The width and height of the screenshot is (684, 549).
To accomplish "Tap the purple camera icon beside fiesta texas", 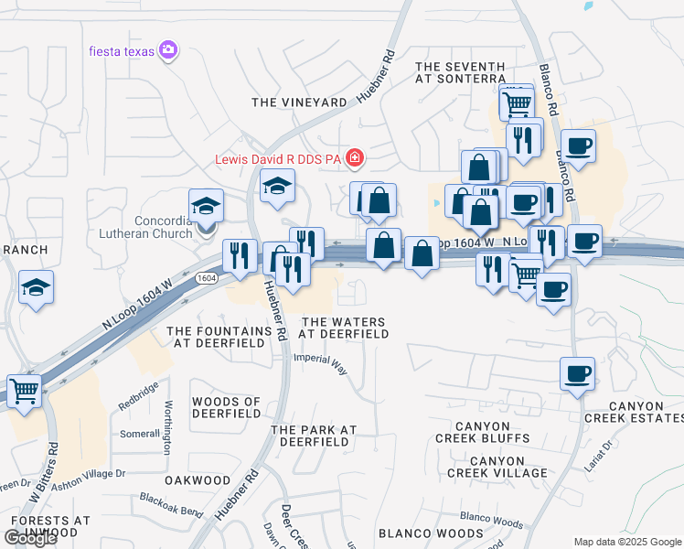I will coord(167,49).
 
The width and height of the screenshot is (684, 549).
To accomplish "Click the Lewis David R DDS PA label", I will coord(277,159).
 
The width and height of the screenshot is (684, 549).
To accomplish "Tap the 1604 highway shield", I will coord(206,277).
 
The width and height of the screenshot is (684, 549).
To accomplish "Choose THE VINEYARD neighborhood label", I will coord(299,102).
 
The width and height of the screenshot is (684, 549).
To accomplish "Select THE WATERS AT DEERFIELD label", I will coord(345,328).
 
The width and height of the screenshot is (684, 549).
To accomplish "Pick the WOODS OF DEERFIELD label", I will coord(226,407).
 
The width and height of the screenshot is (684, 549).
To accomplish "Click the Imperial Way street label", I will coord(320,364).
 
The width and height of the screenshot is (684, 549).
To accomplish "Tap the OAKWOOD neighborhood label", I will coord(198,479).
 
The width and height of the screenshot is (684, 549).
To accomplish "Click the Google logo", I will coord(30,538).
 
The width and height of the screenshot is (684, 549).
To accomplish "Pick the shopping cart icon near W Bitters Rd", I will coord(25,391).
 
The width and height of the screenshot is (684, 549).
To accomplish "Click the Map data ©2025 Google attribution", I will coord(627,542).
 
